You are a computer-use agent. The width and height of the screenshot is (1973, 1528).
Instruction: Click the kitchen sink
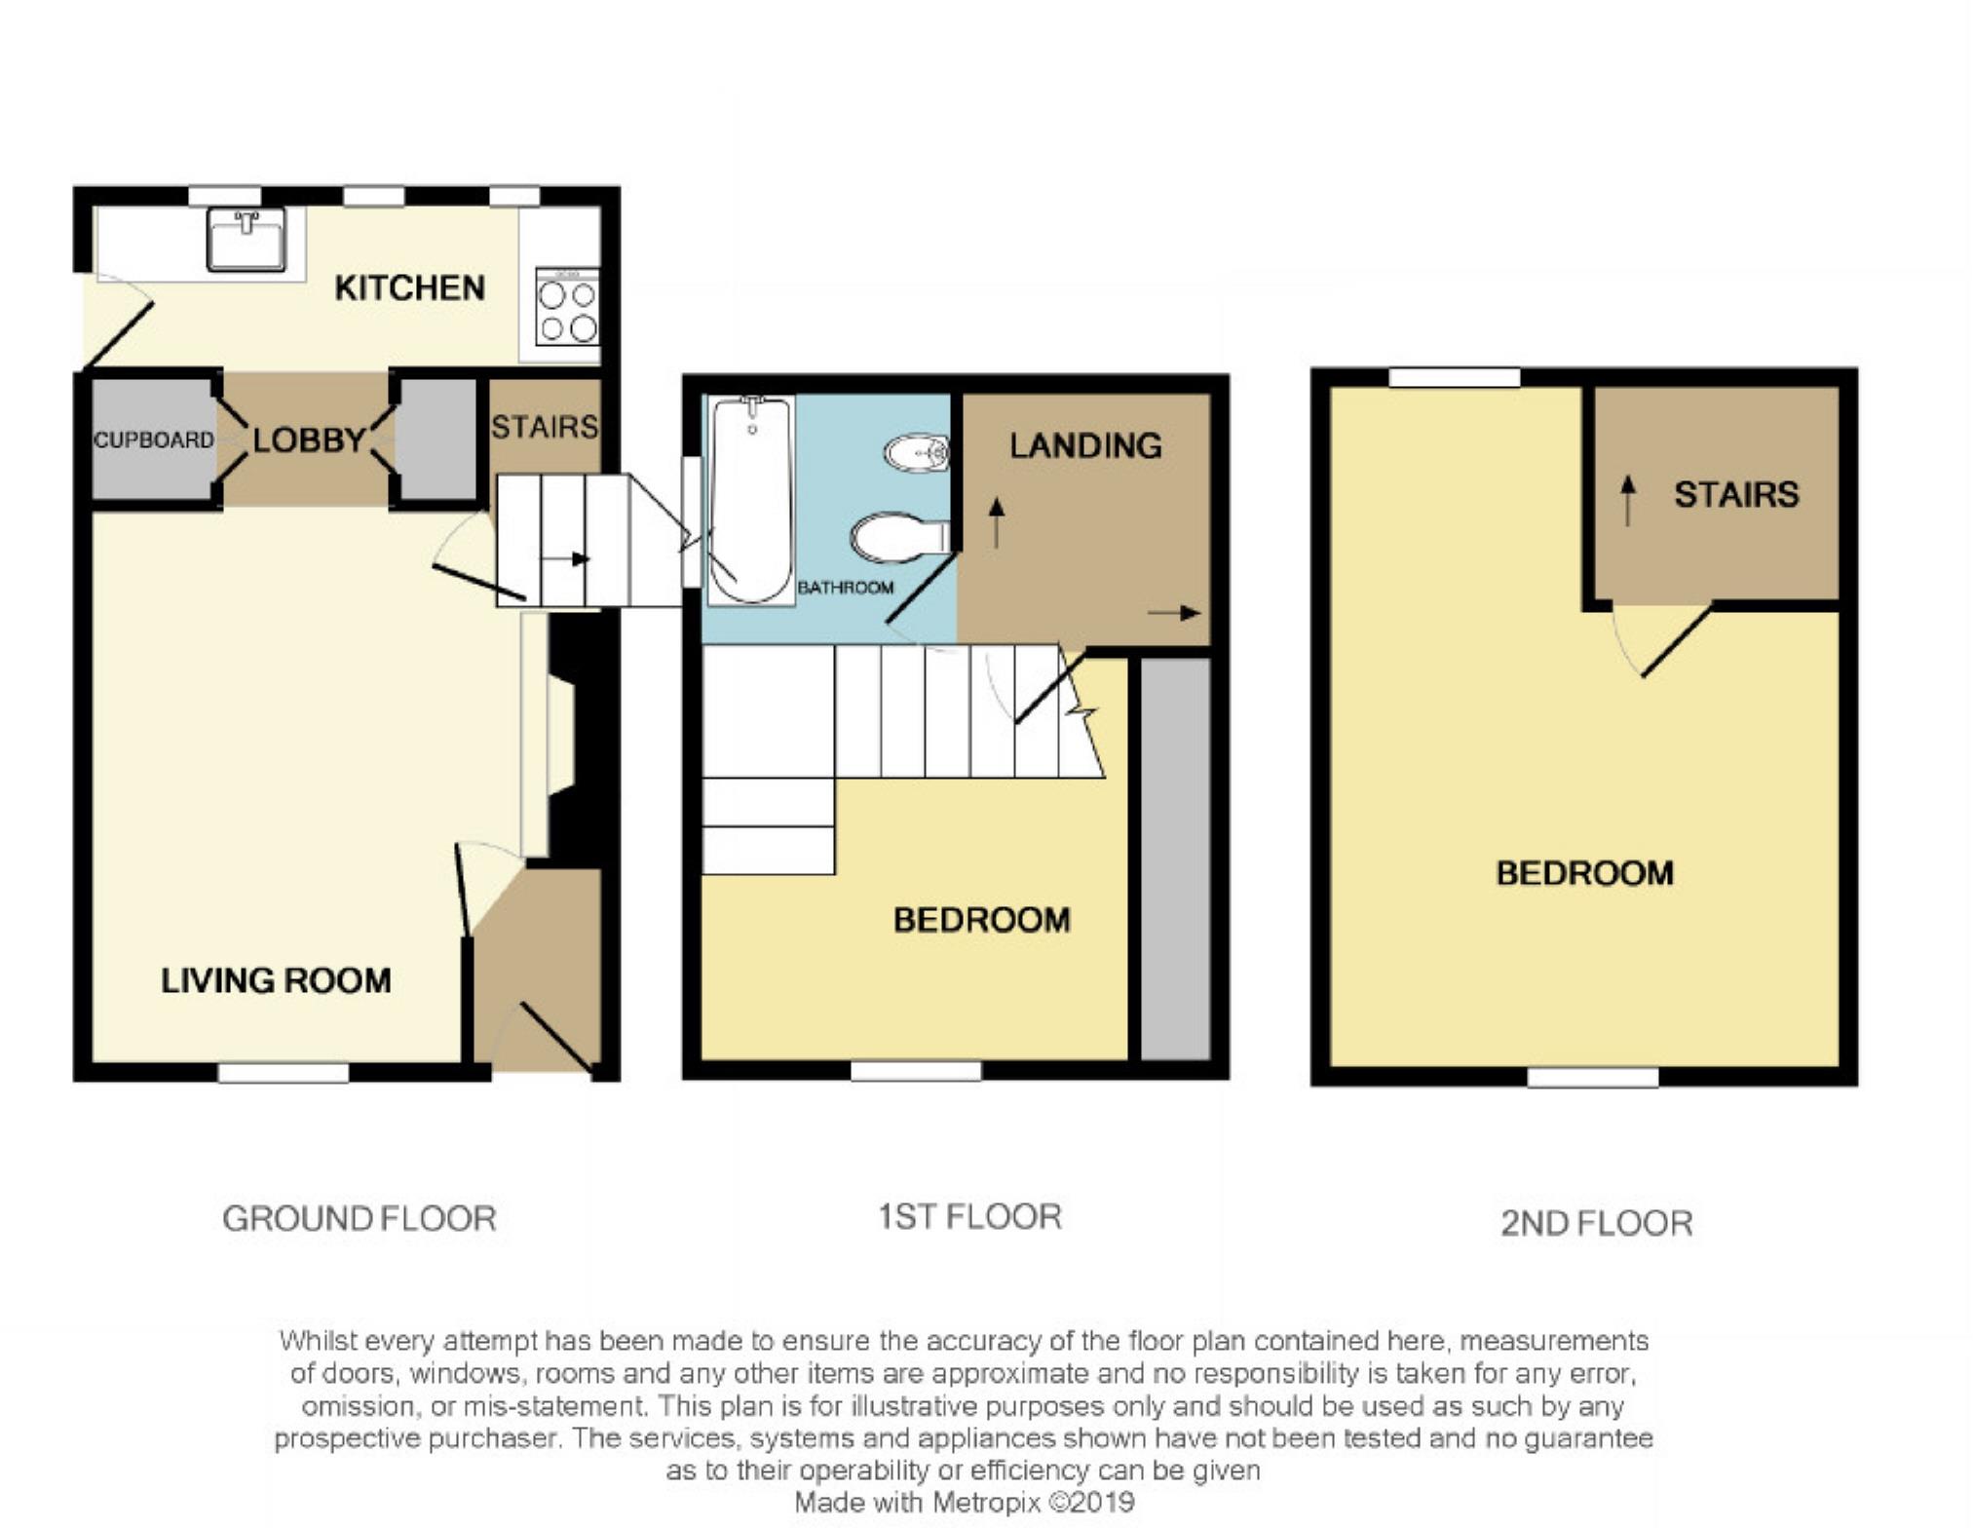(247, 239)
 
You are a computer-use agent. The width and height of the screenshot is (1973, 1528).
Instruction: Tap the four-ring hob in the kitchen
(567, 306)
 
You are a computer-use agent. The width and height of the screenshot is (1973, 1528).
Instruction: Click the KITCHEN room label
(409, 288)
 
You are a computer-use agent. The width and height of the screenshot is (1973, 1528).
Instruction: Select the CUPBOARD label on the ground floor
(154, 440)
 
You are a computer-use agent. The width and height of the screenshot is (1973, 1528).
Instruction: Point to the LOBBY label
(309, 440)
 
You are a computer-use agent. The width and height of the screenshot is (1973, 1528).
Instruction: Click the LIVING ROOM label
(276, 980)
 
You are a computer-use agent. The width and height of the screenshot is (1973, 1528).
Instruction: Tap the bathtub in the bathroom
(750, 500)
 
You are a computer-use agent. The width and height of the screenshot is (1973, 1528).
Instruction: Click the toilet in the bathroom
(899, 537)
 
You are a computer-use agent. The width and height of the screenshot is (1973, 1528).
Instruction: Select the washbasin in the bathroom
(917, 453)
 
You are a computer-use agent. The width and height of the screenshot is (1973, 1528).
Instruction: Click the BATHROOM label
(846, 588)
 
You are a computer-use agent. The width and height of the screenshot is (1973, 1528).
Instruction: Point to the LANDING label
(1085, 446)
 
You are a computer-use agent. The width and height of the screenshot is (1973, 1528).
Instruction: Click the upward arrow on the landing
(996, 522)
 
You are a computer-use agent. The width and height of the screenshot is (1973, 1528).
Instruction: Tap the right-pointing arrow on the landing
(1174, 613)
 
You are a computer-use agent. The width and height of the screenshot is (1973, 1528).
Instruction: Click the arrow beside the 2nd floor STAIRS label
(1627, 501)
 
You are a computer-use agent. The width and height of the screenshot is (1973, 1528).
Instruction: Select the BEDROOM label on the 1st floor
(982, 920)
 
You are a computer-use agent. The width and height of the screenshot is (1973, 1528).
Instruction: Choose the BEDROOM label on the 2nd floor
(1585, 873)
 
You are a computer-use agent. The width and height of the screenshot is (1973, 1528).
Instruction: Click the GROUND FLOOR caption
(360, 1219)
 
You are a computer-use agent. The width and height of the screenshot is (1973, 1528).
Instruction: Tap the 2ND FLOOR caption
(1597, 1224)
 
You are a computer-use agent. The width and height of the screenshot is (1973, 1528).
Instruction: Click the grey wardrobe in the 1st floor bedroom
(1175, 859)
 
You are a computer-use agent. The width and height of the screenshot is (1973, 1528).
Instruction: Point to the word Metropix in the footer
(986, 1502)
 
